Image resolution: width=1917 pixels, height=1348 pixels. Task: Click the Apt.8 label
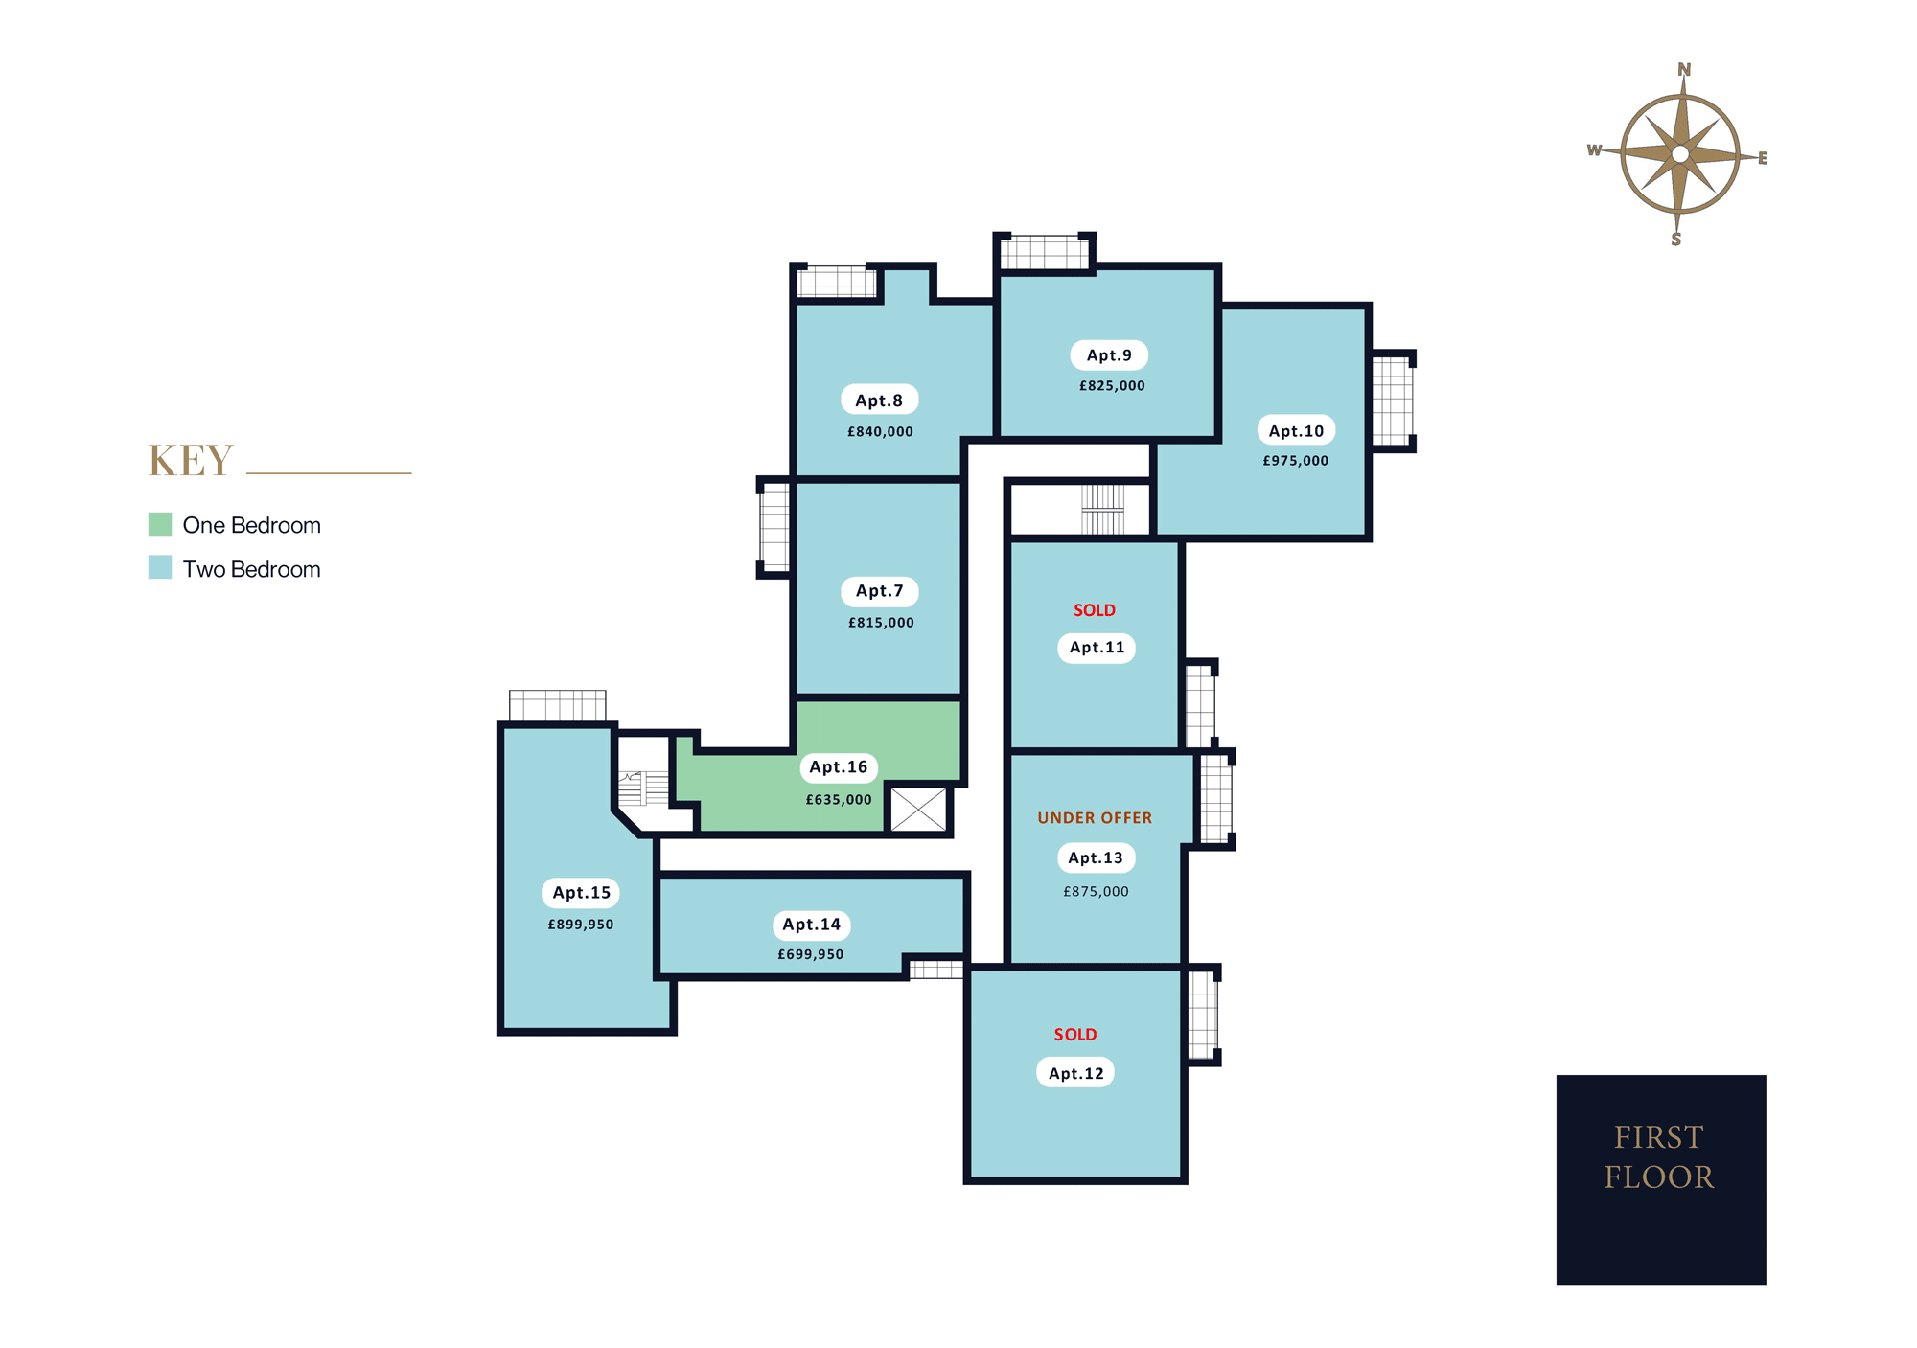[879, 400]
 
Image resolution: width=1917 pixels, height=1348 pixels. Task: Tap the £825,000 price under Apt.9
[1112, 386]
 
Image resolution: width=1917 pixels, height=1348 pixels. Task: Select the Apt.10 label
[1296, 431]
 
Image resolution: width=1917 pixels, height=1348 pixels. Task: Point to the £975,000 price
[1296, 461]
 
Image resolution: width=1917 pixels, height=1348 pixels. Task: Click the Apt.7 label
[880, 591]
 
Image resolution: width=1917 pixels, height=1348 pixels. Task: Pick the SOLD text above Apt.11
[1095, 610]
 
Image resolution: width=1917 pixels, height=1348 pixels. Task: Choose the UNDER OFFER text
[1095, 818]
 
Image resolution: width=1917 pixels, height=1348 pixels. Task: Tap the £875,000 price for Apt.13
[1096, 892]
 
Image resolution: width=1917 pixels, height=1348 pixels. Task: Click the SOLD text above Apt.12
[1075, 1035]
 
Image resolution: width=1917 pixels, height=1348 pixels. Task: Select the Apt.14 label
[811, 925]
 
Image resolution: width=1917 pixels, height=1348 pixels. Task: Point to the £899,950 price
[581, 925]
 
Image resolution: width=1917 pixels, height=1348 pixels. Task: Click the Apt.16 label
[839, 767]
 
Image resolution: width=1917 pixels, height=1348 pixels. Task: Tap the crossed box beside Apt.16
[918, 810]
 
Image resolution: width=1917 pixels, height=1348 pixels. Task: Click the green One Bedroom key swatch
[160, 524]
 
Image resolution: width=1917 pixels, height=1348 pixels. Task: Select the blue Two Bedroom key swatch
[160, 567]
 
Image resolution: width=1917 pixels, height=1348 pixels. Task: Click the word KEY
[191, 461]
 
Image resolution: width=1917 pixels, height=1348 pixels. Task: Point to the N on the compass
[1684, 70]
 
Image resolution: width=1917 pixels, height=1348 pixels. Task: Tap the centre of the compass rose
[1680, 154]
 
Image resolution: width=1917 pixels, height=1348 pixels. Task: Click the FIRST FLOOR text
[1659, 1157]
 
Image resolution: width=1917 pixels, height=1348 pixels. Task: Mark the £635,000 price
[839, 800]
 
